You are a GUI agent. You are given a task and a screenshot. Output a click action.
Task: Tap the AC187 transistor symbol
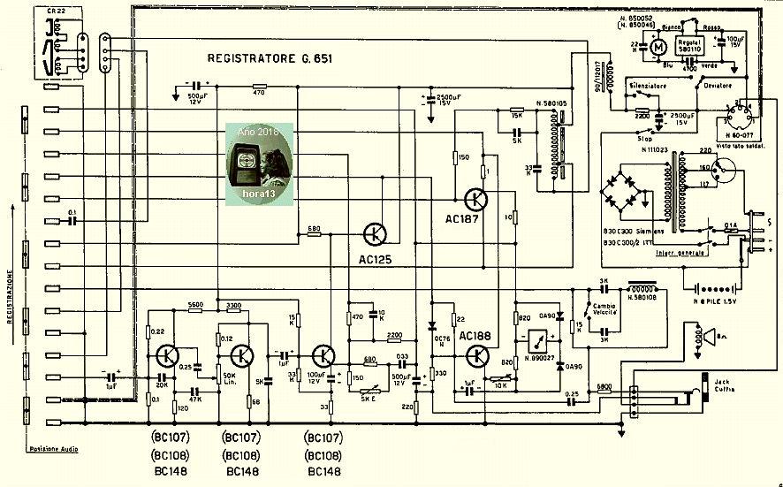(x=475, y=200)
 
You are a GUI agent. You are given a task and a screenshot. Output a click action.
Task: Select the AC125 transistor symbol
(x=376, y=234)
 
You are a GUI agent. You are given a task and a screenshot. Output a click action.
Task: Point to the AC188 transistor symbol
(x=477, y=356)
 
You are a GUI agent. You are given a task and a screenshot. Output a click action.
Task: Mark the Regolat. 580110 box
(x=689, y=47)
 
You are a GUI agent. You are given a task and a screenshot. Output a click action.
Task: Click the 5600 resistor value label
(x=195, y=305)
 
